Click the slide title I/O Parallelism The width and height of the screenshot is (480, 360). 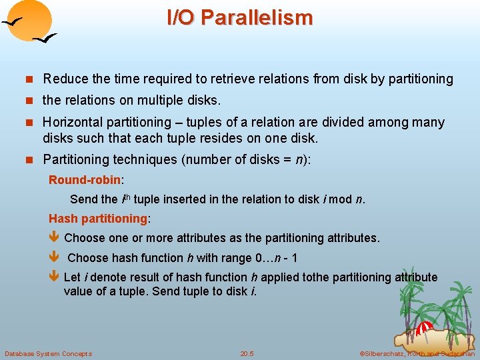coord(239,18)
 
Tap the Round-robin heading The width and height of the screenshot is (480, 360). coord(84,180)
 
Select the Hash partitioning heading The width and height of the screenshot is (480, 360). coord(98,219)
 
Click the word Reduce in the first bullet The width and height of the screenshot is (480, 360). coord(64,79)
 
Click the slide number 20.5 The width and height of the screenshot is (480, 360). coord(247,353)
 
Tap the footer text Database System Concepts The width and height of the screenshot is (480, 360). coord(48,353)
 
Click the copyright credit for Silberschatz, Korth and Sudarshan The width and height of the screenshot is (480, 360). coord(417,353)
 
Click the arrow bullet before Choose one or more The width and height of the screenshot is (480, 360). coord(55,238)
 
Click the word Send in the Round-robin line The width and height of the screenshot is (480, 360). coord(83,199)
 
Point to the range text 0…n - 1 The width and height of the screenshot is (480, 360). coord(277,258)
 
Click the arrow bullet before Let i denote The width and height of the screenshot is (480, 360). coord(55,277)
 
